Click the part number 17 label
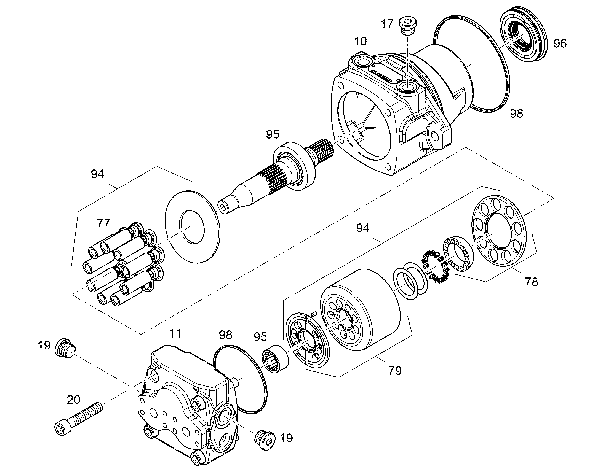387,24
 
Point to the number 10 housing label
361,41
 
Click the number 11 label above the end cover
175,333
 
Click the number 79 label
395,371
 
